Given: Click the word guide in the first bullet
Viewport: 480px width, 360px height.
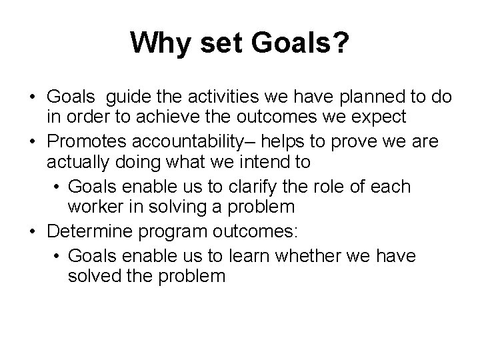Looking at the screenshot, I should (127, 98).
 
